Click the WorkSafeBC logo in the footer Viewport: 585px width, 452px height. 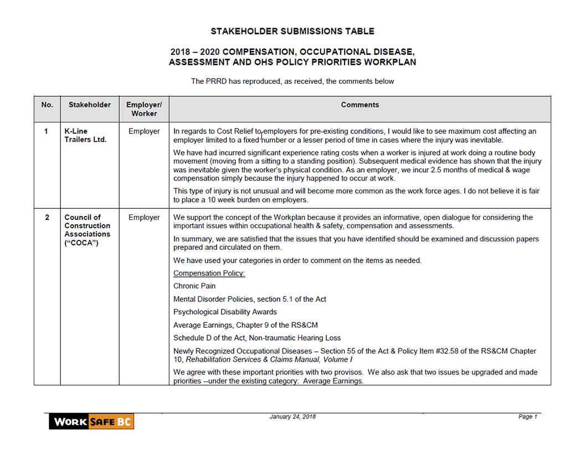click(91, 422)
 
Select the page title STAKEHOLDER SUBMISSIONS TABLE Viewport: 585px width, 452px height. click(292, 32)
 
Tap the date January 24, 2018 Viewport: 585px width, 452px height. click(292, 417)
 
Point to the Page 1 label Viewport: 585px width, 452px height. click(528, 417)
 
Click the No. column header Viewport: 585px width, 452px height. click(47, 105)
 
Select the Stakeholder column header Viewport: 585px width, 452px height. click(90, 105)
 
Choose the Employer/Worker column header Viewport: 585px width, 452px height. click(144, 109)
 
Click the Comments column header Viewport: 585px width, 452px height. click(360, 105)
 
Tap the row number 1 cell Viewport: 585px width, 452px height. click(47, 131)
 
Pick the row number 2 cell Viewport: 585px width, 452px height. click(47, 217)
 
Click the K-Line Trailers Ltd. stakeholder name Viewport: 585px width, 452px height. click(85, 135)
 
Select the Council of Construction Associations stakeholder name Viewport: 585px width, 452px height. click(88, 230)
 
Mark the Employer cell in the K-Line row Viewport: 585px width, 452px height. click(144, 131)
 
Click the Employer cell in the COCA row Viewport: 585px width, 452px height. click(144, 217)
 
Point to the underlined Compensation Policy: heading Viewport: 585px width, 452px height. click(209, 273)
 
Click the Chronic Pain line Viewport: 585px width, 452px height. click(194, 286)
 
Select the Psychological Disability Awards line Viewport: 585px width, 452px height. click(225, 312)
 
